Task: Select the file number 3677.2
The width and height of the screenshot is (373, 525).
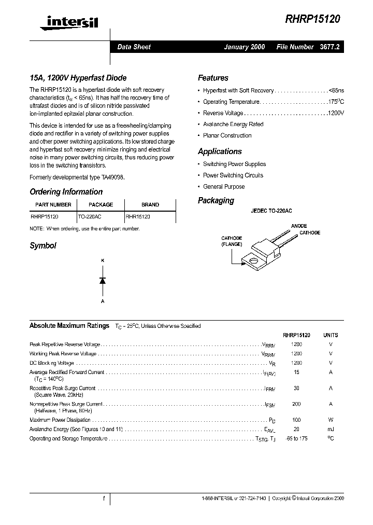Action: pyautogui.click(x=329, y=47)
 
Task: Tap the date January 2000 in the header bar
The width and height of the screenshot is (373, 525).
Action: pyautogui.click(x=244, y=47)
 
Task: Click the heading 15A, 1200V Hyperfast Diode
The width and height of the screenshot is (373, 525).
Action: pyautogui.click(x=78, y=78)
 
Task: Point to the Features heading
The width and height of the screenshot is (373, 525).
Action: pyautogui.click(x=213, y=78)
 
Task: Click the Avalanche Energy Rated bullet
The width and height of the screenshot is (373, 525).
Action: pyautogui.click(x=233, y=125)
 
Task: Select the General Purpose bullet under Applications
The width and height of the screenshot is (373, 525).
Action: pyautogui.click(x=224, y=187)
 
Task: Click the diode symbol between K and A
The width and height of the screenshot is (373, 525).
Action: pyautogui.click(x=103, y=280)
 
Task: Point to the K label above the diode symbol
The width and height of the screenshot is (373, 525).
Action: pyautogui.click(x=103, y=259)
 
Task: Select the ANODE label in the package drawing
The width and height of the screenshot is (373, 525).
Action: pyautogui.click(x=299, y=226)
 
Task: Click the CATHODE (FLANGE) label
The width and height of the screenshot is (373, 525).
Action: pyautogui.click(x=232, y=241)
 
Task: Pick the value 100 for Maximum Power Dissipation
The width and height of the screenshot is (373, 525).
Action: pyautogui.click(x=296, y=420)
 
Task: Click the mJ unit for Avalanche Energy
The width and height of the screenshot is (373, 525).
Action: pyautogui.click(x=331, y=429)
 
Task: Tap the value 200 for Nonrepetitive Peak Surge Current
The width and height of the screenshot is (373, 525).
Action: pyautogui.click(x=296, y=404)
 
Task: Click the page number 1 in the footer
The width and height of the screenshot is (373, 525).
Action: pyautogui.click(x=104, y=499)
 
